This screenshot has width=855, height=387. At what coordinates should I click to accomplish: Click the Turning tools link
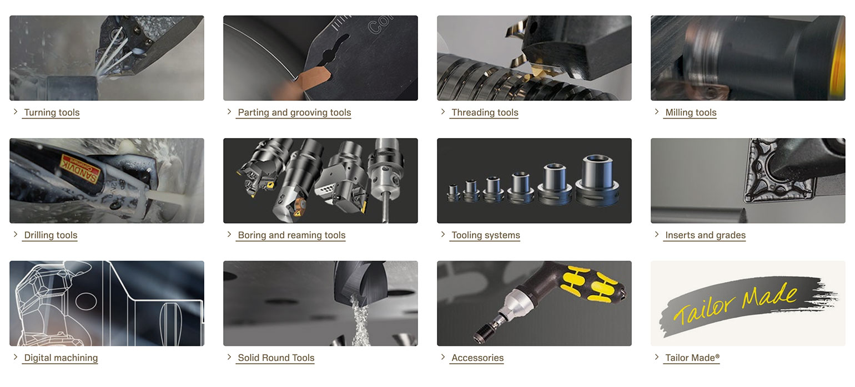pos(52,113)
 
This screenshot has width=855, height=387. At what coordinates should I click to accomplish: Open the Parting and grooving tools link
pos(294,113)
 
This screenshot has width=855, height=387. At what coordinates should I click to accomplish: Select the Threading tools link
pos(485,113)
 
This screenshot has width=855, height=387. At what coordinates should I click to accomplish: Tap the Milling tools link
pos(691,113)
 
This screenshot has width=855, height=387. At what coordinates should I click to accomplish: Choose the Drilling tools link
pos(51,235)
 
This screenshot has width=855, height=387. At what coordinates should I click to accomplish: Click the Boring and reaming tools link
pos(291,235)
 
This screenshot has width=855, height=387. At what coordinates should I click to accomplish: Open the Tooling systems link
pos(485,235)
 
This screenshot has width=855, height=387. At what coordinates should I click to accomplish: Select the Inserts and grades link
pos(705,235)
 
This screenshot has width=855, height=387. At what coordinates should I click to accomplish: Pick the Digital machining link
pos(61,358)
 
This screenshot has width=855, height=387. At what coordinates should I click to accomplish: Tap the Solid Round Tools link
pos(276,358)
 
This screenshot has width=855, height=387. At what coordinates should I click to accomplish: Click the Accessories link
pos(477,358)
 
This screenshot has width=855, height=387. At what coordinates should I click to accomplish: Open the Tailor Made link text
pos(692,358)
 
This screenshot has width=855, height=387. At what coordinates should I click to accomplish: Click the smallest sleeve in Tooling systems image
pos(453,193)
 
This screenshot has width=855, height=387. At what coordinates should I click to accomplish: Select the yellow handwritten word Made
pos(770,296)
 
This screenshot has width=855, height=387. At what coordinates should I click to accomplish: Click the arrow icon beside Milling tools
pos(656,111)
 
